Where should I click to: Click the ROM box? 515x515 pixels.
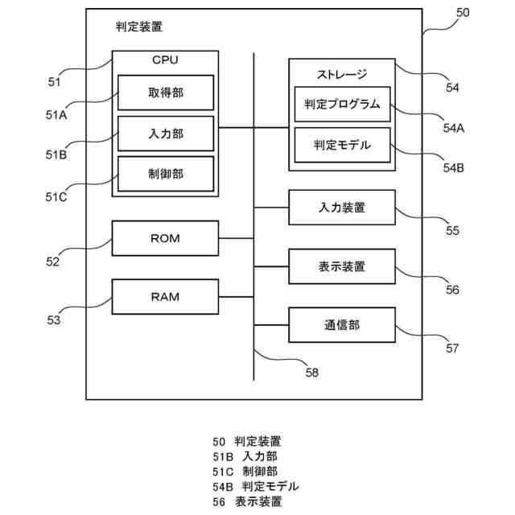[165, 238]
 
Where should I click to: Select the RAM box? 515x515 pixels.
[165, 297]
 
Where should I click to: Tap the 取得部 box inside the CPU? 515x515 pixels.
[166, 93]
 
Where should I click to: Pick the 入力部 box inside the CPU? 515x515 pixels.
[166, 134]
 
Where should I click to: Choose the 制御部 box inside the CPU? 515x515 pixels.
[166, 174]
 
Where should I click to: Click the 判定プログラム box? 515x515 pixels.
[342, 104]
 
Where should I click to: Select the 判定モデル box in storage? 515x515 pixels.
[342, 145]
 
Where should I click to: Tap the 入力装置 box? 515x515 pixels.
[342, 208]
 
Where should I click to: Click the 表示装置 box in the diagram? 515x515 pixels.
[342, 266]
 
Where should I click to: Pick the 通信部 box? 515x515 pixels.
[342, 325]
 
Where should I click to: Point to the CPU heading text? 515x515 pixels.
[165, 60]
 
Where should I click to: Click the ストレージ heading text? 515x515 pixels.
[342, 75]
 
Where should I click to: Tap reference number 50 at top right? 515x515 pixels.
[463, 13]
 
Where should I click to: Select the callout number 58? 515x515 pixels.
[312, 373]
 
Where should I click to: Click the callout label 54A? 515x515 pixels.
[454, 128]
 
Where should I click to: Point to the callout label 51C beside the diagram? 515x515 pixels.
[56, 197]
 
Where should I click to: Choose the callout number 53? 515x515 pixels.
[54, 320]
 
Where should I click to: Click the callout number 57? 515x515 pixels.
[452, 348]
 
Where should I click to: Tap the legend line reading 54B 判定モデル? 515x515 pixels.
[256, 486]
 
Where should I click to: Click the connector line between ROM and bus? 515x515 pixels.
[236, 238]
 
